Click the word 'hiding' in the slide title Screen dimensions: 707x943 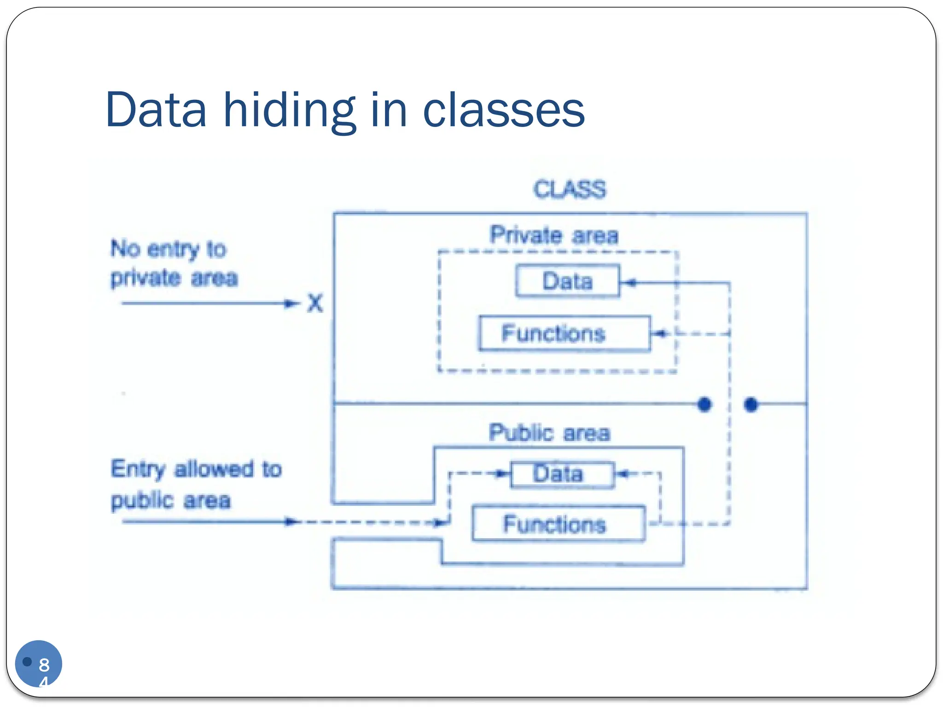pyautogui.click(x=290, y=110)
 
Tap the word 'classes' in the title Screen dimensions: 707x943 pyautogui.click(x=503, y=110)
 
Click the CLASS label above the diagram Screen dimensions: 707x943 pyautogui.click(x=570, y=189)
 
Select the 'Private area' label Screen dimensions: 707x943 pyautogui.click(x=554, y=235)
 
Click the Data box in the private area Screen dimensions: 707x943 pyautogui.click(x=567, y=281)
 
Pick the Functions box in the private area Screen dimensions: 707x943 pyautogui.click(x=565, y=333)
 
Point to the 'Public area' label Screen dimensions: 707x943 pyautogui.click(x=549, y=433)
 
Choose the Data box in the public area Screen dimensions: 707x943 pyautogui.click(x=562, y=475)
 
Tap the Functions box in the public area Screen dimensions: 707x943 pyautogui.click(x=559, y=524)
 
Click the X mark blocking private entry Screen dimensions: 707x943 pyautogui.click(x=315, y=303)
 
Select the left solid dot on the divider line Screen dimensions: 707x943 pyautogui.click(x=704, y=404)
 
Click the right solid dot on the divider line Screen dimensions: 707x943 pyautogui.click(x=751, y=404)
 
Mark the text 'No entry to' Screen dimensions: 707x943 pyautogui.click(x=169, y=249)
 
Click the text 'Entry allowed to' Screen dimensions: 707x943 pyautogui.click(x=196, y=469)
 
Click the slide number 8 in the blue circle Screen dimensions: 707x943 pyautogui.click(x=44, y=665)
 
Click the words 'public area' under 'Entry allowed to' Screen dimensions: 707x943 pyautogui.click(x=171, y=500)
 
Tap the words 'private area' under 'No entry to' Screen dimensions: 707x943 pyautogui.click(x=174, y=278)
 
